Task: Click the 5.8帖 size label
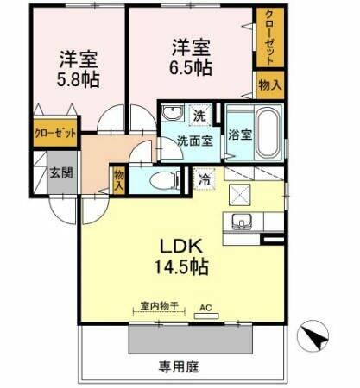tap(78, 79)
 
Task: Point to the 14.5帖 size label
tap(180, 266)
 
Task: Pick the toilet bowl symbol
tap(163, 179)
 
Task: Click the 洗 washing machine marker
tap(199, 116)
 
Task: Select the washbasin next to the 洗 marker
tap(172, 115)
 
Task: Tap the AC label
tap(205, 306)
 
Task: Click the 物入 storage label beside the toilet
tap(119, 178)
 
